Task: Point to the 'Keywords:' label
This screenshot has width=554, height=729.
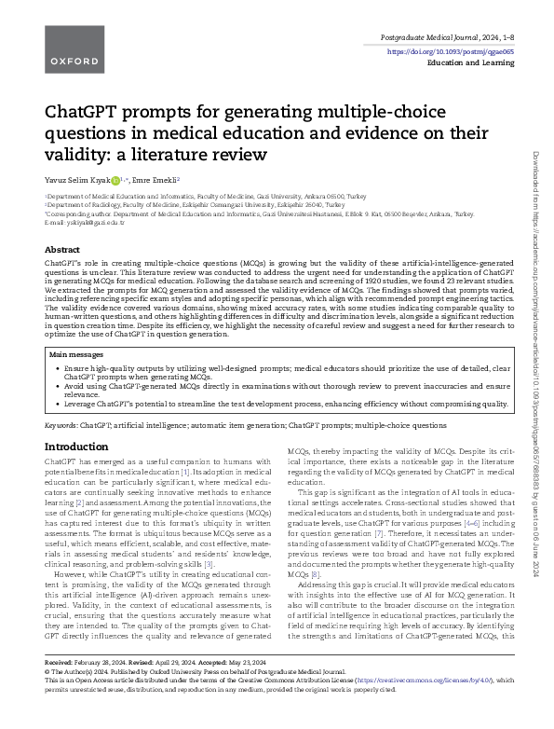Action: pos(61,424)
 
